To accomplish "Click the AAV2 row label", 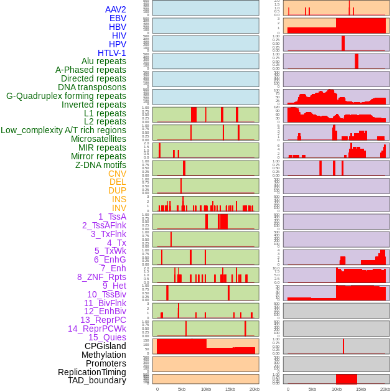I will pos(116,9).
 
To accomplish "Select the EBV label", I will pos(118,18).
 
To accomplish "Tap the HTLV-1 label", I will pos(112,53).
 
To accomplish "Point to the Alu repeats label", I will pos(104,61).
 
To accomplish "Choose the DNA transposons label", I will pos(92,87).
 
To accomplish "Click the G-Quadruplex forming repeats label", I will pos(66,96).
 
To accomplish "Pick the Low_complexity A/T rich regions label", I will pos(63,130).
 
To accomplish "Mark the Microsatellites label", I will pos(98,139).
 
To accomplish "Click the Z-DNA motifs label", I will pos(101,165).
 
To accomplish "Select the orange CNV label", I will pos(117,174).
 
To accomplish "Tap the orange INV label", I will pos(119,208).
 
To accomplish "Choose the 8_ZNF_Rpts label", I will pos(101,277).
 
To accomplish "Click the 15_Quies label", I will pos(107,337).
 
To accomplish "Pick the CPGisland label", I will pos(105,346).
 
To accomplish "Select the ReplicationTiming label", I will pos(91,372).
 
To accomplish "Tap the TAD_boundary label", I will pos(97,380).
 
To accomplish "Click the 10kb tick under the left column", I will pos(206,389).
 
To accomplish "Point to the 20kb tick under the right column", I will pos(385,389).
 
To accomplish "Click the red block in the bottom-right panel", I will pos(347,379).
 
